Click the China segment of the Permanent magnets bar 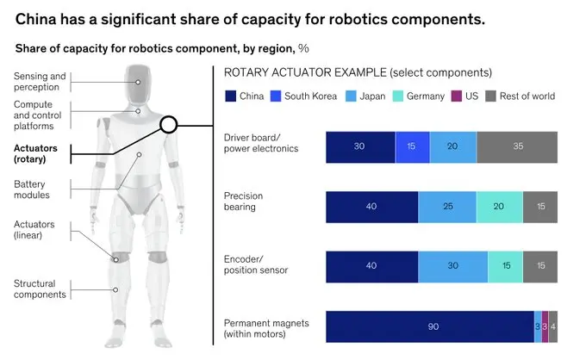point(430,326)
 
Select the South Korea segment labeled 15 point(412,146)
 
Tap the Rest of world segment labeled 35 point(517,146)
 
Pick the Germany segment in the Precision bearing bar point(500,207)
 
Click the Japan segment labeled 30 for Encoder point(453,267)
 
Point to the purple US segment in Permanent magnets point(545,326)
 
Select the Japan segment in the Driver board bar point(453,146)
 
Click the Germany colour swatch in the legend point(398,96)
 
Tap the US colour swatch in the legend point(457,96)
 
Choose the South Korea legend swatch point(276,96)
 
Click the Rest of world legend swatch point(490,96)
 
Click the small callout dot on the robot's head point(138,82)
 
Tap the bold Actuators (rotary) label point(35,153)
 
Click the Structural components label point(40,289)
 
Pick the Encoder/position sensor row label point(256,264)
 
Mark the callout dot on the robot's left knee point(115,259)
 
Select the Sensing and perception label point(40,82)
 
